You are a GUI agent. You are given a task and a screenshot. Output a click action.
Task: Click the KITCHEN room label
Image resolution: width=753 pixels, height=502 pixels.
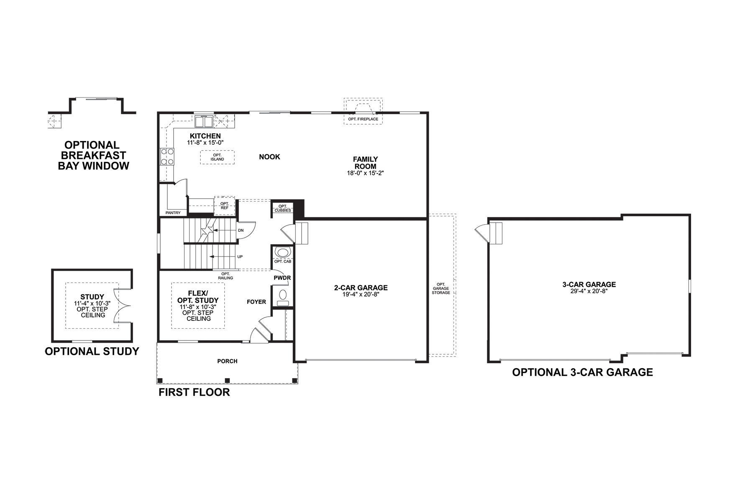[x=205, y=136]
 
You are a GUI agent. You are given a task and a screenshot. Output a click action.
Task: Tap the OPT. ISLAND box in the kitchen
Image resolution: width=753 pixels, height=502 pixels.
[x=217, y=157]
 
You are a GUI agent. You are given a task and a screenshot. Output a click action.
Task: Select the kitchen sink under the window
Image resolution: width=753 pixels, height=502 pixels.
[x=204, y=121]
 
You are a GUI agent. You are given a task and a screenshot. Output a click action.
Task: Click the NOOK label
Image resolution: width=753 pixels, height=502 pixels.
[x=269, y=157]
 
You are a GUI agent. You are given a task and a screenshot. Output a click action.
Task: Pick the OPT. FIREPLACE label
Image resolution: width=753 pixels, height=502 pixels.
[x=363, y=119]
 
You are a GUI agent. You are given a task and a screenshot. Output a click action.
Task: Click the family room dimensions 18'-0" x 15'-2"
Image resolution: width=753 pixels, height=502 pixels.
[x=365, y=173]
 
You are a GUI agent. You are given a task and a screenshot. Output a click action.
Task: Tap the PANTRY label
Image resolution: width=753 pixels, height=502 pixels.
[x=173, y=213]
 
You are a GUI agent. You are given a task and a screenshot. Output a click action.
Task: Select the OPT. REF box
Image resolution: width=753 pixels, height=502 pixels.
[x=225, y=205]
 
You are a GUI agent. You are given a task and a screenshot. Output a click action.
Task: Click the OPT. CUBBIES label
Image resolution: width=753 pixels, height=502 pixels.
[x=283, y=208]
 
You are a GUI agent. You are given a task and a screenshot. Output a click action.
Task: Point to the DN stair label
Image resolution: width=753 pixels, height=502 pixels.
[x=241, y=231]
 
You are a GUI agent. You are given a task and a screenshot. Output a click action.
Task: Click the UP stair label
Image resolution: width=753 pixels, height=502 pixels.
[x=240, y=257]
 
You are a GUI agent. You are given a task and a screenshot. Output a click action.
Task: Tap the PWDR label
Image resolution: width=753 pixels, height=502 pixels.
[x=282, y=278]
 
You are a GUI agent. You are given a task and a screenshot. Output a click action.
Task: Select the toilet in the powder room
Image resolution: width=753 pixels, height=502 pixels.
[x=283, y=295]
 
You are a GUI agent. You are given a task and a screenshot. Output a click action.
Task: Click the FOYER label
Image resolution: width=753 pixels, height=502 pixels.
[x=256, y=302]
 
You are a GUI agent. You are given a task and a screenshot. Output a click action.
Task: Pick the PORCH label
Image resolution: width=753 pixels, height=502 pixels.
[x=227, y=361]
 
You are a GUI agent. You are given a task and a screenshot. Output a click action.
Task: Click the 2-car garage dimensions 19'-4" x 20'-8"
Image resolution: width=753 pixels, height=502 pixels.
[x=361, y=294]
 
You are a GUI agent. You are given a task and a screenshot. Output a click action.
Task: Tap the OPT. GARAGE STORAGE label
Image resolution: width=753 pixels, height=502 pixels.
[x=441, y=288]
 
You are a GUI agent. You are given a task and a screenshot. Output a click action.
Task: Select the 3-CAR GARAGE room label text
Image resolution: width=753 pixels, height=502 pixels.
[x=589, y=284]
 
